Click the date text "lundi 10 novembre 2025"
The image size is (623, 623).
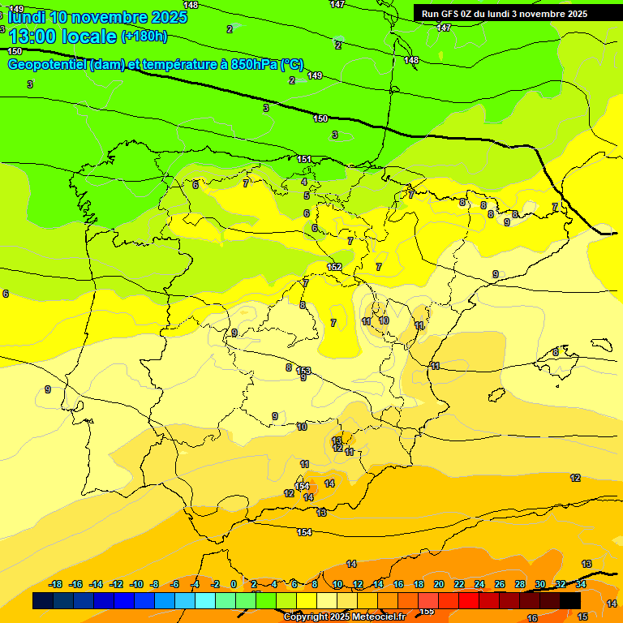97,17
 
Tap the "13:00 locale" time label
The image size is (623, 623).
62,37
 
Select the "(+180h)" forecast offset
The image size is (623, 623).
144,37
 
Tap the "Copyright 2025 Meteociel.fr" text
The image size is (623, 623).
344,617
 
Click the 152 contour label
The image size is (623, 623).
334,267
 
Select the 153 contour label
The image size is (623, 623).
303,370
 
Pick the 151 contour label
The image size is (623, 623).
304,159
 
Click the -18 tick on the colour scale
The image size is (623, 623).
56,584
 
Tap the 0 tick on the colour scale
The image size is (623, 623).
234,584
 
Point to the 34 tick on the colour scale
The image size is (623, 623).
581,584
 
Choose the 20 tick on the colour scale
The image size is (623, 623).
439,584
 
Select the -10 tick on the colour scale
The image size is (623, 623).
136,584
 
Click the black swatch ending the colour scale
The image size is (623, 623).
570,600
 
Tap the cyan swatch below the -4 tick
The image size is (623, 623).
204,600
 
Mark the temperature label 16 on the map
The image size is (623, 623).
532,618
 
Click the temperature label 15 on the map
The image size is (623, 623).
582,617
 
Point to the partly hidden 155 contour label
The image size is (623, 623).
427,611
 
